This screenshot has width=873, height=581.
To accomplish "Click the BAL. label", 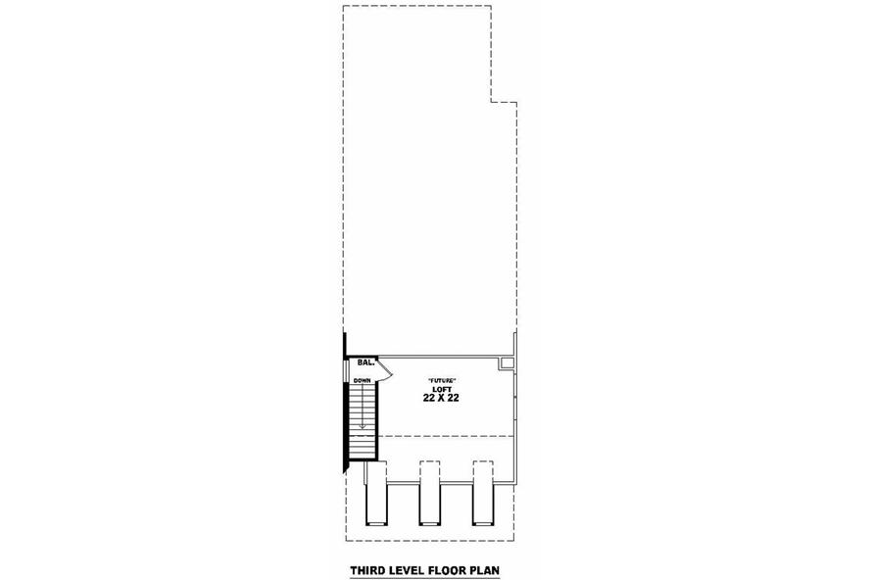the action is [x=365, y=363].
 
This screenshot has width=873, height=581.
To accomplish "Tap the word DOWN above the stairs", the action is [x=362, y=381].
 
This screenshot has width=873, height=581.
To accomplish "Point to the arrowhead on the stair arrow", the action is [x=363, y=425].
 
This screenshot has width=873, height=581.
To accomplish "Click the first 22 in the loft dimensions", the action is [x=429, y=399].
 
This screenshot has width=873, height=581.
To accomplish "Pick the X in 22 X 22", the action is [x=441, y=399].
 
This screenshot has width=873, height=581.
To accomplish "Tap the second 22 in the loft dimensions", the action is [x=454, y=399].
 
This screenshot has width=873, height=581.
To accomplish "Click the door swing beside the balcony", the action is [x=385, y=369].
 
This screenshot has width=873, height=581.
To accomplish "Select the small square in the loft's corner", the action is [x=507, y=363].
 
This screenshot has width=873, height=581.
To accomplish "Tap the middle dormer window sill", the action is [x=429, y=523].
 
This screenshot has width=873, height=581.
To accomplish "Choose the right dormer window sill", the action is [x=482, y=523].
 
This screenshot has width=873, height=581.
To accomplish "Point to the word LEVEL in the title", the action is [x=408, y=570].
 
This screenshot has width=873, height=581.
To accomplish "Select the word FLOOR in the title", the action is [x=447, y=570].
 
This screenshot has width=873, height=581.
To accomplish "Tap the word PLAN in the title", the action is [x=484, y=570].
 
